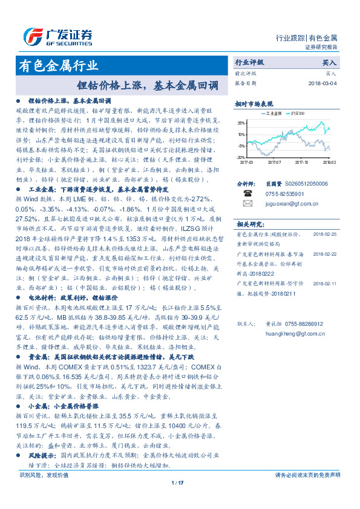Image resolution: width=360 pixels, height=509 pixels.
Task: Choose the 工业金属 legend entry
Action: [x=270, y=113]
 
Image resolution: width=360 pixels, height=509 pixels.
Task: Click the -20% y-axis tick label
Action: [x=241, y=157]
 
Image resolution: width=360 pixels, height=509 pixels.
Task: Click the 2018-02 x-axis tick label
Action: [x=329, y=162]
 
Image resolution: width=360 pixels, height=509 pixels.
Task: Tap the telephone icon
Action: [x=247, y=193]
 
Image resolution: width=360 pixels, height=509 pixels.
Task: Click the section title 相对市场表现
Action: [x=254, y=103]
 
